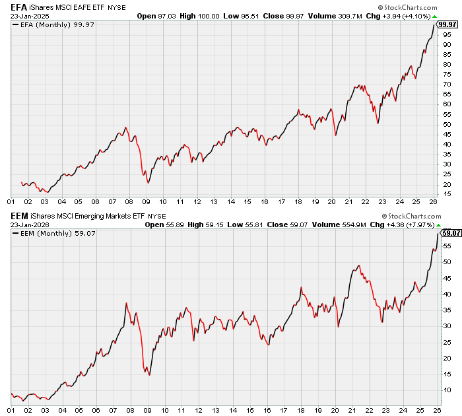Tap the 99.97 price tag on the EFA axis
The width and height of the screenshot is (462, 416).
pos(448,24)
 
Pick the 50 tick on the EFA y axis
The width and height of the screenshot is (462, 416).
pos(447,124)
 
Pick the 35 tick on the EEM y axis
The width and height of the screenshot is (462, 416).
pos(447,310)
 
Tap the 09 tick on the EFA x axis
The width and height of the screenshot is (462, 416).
pos(146,202)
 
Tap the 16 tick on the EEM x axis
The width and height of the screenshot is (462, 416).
pos(264,410)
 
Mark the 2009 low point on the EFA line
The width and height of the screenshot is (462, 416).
pos(147,183)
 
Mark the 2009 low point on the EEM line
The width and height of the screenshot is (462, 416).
pos(149,375)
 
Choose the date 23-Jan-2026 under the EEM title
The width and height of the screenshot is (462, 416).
pos(28,224)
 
